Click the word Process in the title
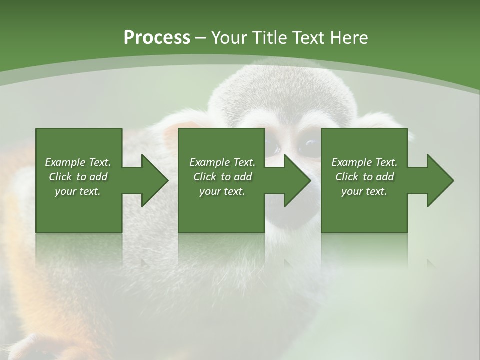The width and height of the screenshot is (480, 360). (157, 37)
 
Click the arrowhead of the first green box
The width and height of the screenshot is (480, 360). (152, 180)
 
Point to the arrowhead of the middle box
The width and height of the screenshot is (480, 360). (295, 180)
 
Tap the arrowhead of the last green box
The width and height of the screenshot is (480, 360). (438, 180)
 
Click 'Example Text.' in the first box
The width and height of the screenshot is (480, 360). (78, 162)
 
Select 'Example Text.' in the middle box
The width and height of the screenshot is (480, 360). (222, 162)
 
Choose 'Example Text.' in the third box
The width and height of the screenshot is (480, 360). (364, 162)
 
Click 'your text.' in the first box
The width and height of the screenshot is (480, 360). (78, 191)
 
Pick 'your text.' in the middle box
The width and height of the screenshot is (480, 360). (222, 191)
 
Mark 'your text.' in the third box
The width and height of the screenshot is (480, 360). (364, 191)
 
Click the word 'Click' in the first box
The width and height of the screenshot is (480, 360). (60, 177)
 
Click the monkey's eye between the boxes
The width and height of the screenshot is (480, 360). (308, 146)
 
